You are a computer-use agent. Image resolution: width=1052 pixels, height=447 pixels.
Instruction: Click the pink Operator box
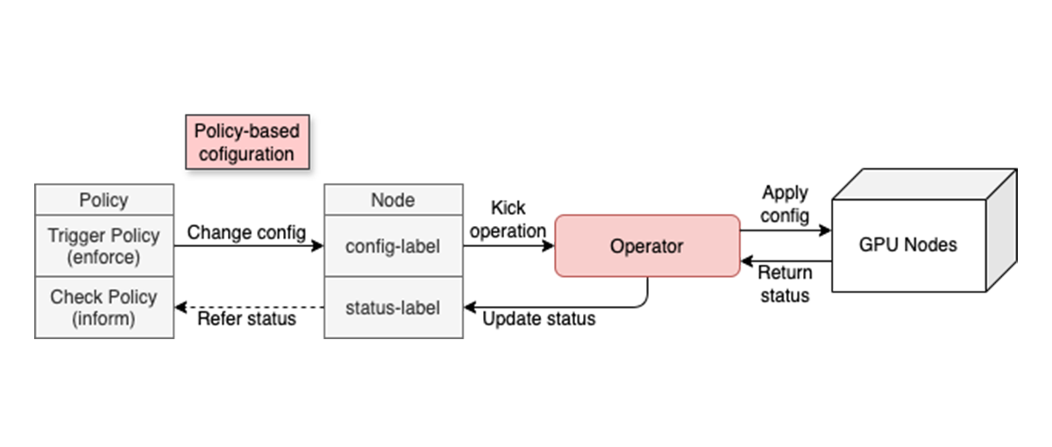click(x=647, y=246)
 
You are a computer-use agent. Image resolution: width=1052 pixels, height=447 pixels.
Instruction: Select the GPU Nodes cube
click(x=907, y=245)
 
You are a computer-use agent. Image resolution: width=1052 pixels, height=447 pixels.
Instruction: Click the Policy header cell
click(x=103, y=200)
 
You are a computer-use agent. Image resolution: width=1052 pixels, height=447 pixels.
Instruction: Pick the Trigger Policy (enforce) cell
click(x=103, y=246)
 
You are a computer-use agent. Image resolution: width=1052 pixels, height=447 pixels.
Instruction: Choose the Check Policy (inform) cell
click(x=103, y=308)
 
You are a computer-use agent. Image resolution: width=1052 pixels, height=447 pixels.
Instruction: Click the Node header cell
click(x=393, y=200)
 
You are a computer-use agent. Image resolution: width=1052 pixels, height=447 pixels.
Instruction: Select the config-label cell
click(x=393, y=246)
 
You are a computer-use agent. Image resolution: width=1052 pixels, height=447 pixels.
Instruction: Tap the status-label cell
click(x=393, y=308)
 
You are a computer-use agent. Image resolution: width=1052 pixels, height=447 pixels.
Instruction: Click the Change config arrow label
click(x=247, y=232)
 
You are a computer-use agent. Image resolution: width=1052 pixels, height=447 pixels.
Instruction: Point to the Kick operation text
click(x=508, y=220)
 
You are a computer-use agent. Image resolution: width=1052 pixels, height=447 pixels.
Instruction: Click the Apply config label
click(x=785, y=203)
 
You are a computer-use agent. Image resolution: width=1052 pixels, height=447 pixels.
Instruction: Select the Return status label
click(x=785, y=283)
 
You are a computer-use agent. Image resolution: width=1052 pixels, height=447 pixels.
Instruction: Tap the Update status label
click(x=539, y=319)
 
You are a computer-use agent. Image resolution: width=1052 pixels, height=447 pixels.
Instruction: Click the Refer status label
click(x=246, y=319)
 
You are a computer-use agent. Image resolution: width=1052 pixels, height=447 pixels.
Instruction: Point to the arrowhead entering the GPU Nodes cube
click(x=825, y=231)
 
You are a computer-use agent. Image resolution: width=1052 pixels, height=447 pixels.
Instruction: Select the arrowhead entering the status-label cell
click(x=470, y=308)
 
